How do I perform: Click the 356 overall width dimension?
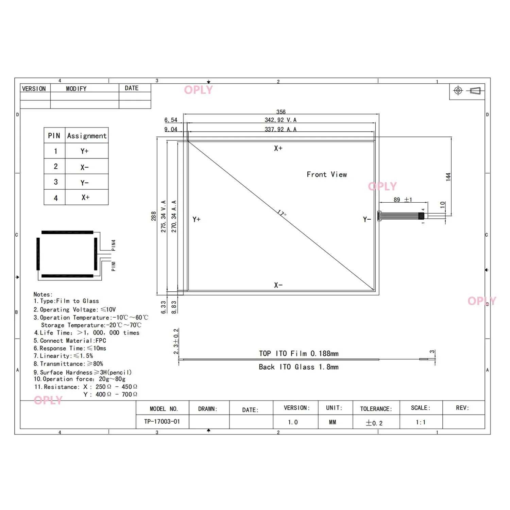281,112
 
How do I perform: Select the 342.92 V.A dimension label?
280,120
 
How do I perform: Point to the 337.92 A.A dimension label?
280,130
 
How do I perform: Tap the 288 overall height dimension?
154,216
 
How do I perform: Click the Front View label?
327,174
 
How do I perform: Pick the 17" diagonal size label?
282,214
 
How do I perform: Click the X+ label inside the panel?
278,148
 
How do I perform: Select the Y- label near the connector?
367,220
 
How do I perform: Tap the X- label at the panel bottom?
278,285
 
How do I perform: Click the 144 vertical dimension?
448,177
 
